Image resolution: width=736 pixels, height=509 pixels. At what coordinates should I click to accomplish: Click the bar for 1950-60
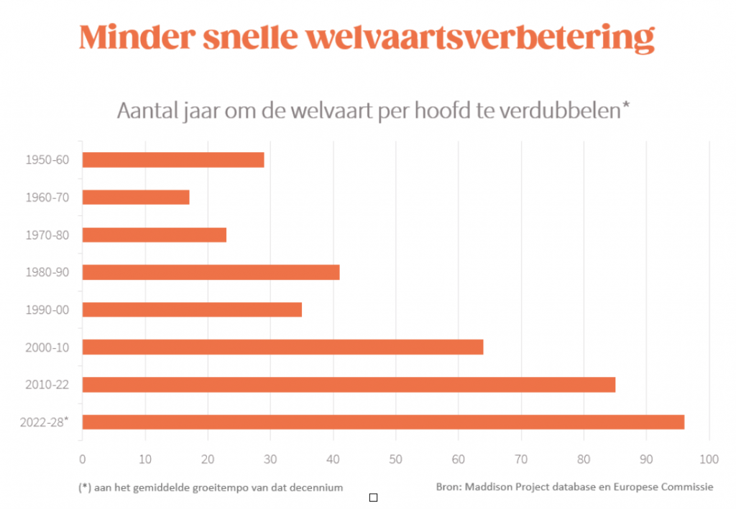click(173, 159)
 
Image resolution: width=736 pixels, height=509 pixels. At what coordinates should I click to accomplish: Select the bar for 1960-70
click(136, 197)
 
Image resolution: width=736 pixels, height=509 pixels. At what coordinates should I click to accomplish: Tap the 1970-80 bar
click(155, 235)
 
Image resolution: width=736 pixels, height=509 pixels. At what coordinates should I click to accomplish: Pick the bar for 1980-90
click(211, 272)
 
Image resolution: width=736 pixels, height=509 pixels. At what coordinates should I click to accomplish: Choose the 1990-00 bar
click(192, 309)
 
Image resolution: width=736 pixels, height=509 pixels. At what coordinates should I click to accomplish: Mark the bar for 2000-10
click(282, 347)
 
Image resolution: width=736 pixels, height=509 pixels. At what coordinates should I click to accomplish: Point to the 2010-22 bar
click(349, 385)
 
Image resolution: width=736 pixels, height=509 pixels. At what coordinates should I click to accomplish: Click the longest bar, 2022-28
click(383, 422)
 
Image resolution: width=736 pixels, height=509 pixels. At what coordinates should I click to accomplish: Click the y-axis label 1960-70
click(47, 197)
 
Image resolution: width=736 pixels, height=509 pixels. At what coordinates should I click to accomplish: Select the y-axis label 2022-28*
click(45, 421)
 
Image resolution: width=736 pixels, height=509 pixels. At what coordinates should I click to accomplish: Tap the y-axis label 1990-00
click(47, 309)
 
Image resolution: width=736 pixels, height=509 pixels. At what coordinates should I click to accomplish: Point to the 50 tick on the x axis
click(396, 458)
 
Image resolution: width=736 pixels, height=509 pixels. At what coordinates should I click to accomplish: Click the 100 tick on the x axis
click(709, 458)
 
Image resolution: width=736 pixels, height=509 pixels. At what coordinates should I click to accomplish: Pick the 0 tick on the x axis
click(82, 458)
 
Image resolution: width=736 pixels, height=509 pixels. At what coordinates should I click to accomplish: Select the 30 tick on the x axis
click(270, 458)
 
